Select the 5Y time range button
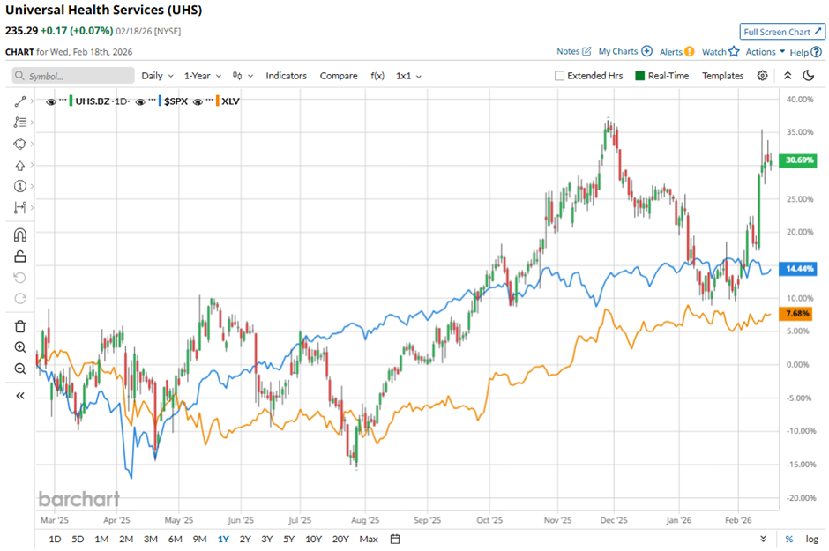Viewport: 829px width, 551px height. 289,539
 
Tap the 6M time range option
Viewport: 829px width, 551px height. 175,539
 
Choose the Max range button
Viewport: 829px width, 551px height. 369,539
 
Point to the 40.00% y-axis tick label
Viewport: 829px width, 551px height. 798,100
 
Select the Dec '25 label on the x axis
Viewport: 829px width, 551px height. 615,520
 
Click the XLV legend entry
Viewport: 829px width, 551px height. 230,101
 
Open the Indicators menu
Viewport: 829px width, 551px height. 286,76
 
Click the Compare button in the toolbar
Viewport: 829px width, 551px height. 339,76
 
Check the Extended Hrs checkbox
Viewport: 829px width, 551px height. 559,76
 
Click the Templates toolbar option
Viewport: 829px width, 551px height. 722,76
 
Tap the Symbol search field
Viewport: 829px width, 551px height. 74,76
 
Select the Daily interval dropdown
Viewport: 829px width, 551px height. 157,76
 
